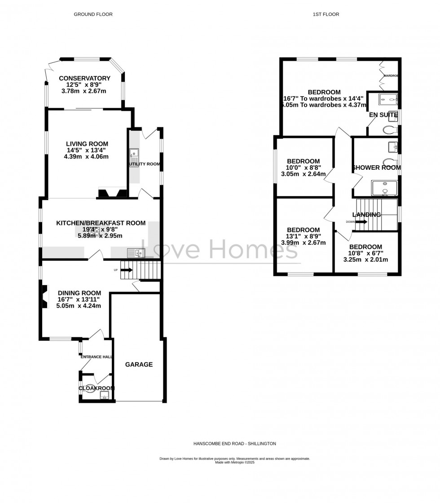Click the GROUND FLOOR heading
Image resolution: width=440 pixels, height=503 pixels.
click(x=93, y=14)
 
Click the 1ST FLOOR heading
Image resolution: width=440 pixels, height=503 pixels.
click(x=326, y=14)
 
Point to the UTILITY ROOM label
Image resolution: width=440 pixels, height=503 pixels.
click(x=145, y=164)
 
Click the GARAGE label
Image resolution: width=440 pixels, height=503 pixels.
click(x=139, y=365)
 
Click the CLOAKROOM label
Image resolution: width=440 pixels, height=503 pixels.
click(x=97, y=388)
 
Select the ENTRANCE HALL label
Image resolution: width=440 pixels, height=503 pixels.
click(x=96, y=357)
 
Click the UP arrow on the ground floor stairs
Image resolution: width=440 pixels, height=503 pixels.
click(x=126, y=270)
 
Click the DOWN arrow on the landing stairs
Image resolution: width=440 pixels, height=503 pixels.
click(x=361, y=222)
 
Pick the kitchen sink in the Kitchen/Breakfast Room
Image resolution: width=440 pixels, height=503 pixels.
click(x=136, y=253)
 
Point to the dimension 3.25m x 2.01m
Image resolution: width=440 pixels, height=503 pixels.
click(x=365, y=260)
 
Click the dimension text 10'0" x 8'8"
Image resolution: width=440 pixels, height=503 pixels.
click(x=304, y=168)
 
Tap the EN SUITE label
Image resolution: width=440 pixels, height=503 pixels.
click(x=383, y=115)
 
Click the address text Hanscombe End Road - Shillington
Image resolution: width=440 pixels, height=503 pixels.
click(x=234, y=443)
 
